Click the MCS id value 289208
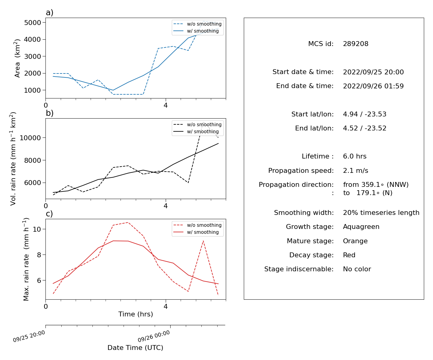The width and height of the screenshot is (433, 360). (355, 44)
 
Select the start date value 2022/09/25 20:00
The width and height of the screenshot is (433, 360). (373, 72)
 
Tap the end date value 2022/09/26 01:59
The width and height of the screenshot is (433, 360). (373, 86)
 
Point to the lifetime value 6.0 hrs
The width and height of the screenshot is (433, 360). (355, 156)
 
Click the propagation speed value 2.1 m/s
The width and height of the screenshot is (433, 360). (355, 170)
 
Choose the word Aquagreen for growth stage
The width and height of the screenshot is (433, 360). (361, 226)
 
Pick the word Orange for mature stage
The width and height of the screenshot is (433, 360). (355, 241)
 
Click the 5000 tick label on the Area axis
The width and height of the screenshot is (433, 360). (33, 23)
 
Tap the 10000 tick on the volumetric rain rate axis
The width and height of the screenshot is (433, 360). (30, 138)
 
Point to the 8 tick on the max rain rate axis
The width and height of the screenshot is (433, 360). (39, 255)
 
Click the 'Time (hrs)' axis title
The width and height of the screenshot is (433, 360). (135, 314)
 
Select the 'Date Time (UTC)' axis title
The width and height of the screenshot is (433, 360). (135, 348)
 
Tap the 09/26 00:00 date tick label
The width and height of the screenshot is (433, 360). (154, 336)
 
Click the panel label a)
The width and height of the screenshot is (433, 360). (49, 12)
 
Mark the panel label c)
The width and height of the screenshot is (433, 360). (49, 214)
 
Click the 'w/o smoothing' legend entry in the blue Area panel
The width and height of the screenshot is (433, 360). (197, 24)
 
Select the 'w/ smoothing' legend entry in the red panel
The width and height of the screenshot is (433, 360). (196, 232)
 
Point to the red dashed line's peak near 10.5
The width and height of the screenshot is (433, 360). (128, 223)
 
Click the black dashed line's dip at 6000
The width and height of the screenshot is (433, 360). (188, 183)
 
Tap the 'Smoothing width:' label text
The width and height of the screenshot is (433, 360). (304, 212)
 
